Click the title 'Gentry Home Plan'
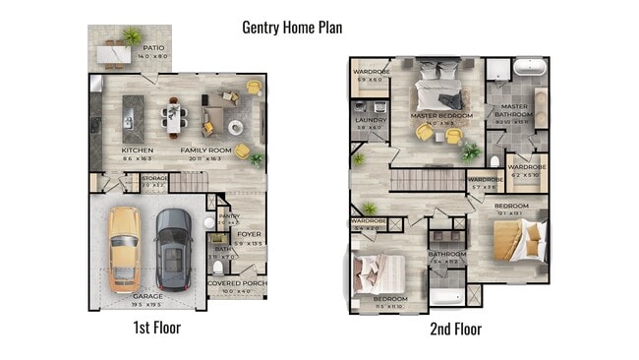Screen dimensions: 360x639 pos(292,27)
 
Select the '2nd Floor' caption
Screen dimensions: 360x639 pos(455,329)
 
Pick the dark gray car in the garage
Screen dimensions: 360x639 pos(174,249)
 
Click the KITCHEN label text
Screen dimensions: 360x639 pos(137,150)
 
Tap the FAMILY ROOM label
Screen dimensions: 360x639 pos(205,150)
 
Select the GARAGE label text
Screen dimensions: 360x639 pos(148,295)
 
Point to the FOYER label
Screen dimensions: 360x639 pos(248,234)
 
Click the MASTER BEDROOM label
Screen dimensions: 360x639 pos(441,116)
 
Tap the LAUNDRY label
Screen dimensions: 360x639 pos(370,120)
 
